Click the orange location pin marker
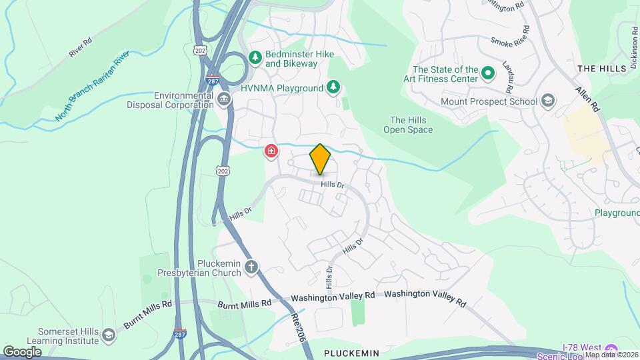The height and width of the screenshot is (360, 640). (x=321, y=159)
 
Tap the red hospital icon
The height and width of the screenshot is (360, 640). (x=271, y=151)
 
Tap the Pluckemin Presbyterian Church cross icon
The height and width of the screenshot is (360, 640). (x=251, y=267)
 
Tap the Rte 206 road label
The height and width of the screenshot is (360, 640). (x=299, y=329)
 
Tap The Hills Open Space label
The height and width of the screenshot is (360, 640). (x=408, y=125)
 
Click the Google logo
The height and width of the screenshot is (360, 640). (x=22, y=351)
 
